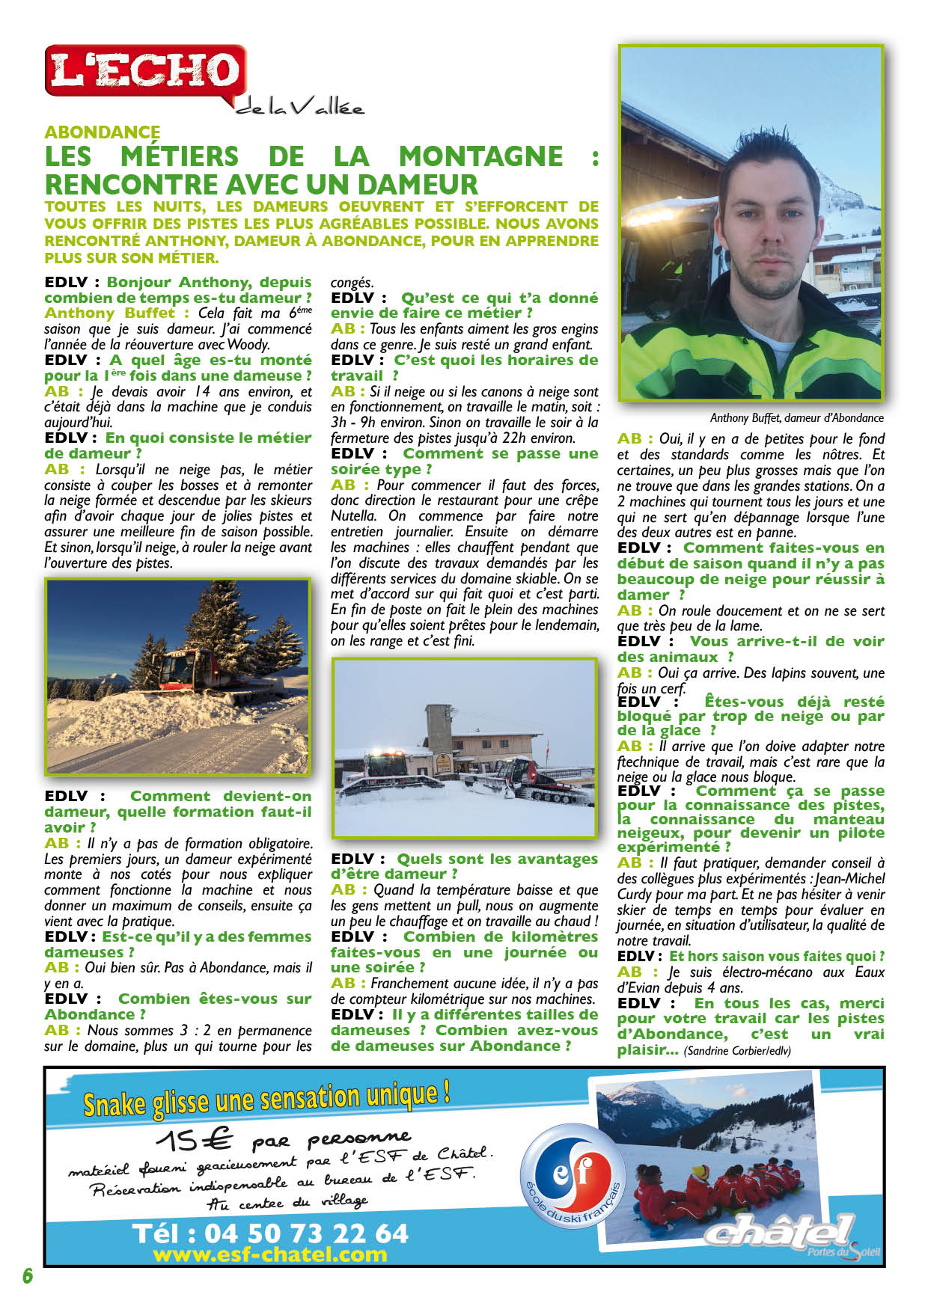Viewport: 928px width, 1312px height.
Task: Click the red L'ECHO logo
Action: [x=145, y=70]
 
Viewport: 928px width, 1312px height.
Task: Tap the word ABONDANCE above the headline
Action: [x=103, y=132]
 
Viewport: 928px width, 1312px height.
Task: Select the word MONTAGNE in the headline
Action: [x=480, y=156]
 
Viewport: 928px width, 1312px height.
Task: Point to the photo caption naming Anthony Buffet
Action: [x=796, y=418]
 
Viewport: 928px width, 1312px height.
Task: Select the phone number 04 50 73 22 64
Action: [x=269, y=1233]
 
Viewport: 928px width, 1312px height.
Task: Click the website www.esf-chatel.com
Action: [x=269, y=1254]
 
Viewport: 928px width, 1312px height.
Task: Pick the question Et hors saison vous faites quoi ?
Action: [x=777, y=957]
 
